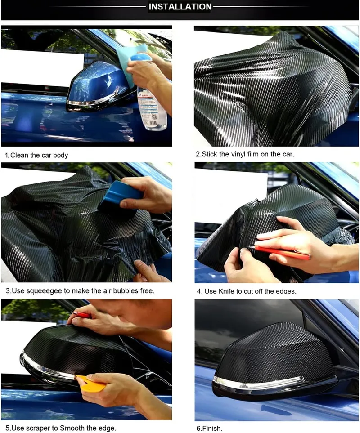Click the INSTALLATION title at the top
click(180, 7)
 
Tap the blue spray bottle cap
click(140, 57)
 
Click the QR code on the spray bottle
click(153, 117)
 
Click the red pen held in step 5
click(81, 315)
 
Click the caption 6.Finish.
click(209, 429)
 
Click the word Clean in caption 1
click(20, 155)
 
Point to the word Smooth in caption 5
click(72, 428)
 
